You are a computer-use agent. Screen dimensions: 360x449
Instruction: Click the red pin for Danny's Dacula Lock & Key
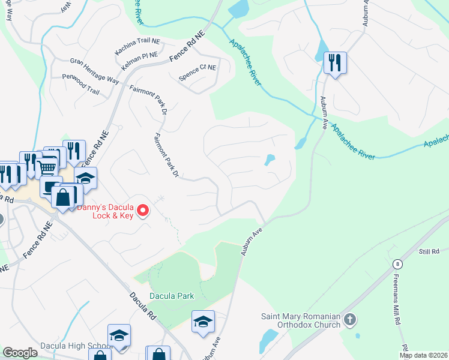pos(143,211)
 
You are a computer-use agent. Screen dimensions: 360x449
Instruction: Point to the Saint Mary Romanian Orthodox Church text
pos(301,323)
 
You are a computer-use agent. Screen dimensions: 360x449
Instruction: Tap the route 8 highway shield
pos(397,264)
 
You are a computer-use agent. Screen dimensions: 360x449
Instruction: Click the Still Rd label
pos(430,251)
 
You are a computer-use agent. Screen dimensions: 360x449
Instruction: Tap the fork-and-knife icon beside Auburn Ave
pos(334,62)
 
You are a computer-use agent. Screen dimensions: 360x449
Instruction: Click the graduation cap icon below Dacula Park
pos(203,322)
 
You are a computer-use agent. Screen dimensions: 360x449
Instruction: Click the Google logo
pos(20,353)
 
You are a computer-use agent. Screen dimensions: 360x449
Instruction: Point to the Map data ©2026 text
pos(423,355)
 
